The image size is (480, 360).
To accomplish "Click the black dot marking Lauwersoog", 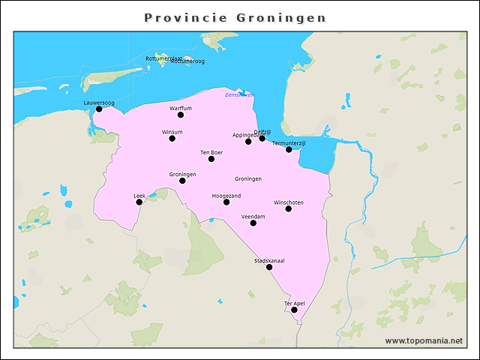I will coord(99,109).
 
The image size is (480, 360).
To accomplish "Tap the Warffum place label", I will coord(181,108).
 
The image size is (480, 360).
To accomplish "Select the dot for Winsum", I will coord(172,139).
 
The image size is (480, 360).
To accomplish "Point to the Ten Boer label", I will coord(211,152).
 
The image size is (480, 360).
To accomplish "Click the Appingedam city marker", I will coord(248,141).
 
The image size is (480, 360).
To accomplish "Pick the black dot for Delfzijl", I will coord(262,138).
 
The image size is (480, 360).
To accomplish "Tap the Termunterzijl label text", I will coord(289,142).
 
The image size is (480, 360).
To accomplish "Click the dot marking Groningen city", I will coord(182,181).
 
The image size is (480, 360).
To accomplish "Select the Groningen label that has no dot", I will coord(247,179).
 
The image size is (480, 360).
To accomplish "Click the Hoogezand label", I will coord(226,195).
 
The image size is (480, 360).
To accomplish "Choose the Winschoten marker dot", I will coord(289,208).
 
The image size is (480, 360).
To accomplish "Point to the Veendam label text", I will coord(253,216).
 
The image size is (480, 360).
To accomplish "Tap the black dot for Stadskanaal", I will coord(269,267).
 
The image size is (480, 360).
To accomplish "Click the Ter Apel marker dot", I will coord(294,310).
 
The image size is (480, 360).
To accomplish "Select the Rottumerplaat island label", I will coord(163,58).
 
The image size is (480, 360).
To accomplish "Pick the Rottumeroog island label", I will coord(187,61).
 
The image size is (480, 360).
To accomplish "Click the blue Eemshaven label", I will coord(239,95).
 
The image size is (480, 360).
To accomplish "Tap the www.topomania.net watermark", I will coord(424,340).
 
